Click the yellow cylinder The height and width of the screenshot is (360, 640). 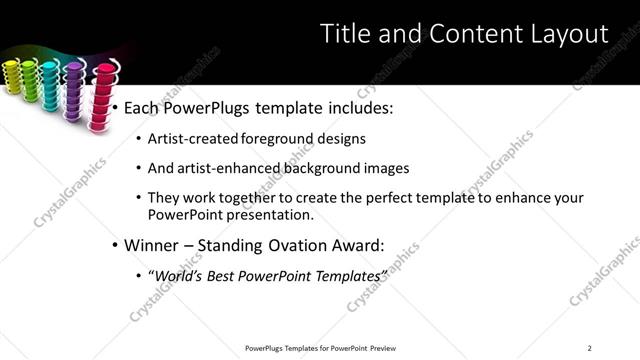pos(14,76)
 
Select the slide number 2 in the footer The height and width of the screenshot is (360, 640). pos(590,347)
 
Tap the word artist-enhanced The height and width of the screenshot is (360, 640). pos(229,168)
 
